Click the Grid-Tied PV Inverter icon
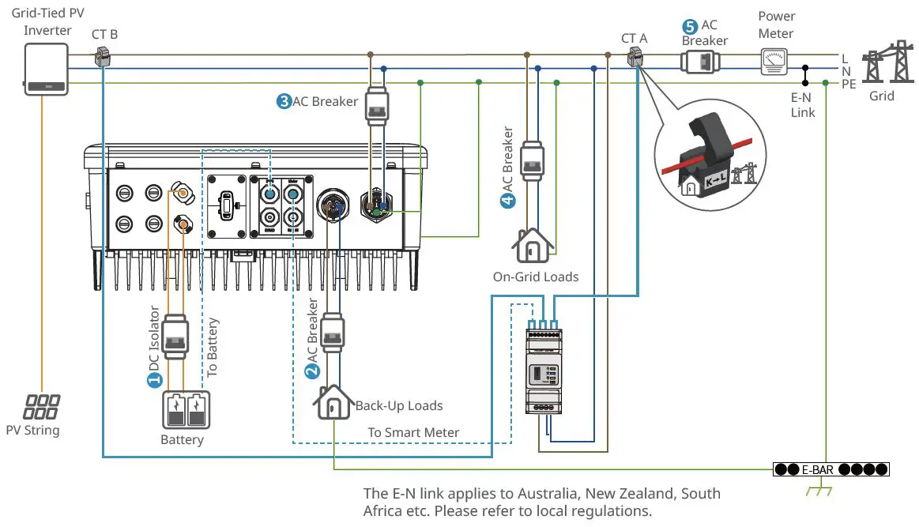pyautogui.click(x=45, y=69)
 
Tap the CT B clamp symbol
pyautogui.click(x=103, y=56)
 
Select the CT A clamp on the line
pyautogui.click(x=635, y=57)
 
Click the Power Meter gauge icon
pyautogui.click(x=774, y=62)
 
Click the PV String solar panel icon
pyautogui.click(x=41, y=407)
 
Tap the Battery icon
pyautogui.click(x=186, y=410)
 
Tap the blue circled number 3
pyautogui.click(x=283, y=102)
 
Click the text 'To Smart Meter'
pyautogui.click(x=413, y=432)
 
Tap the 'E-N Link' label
pyautogui.click(x=804, y=106)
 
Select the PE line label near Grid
pyautogui.click(x=849, y=84)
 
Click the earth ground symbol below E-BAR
pyautogui.click(x=815, y=491)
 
